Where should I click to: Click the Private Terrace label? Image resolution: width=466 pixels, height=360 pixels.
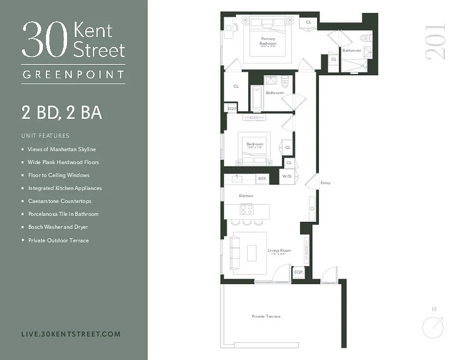266,316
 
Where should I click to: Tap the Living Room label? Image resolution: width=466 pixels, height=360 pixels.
279,251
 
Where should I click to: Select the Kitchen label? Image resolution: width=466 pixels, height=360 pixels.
246,196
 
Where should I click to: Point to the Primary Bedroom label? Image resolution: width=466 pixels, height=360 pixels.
268,41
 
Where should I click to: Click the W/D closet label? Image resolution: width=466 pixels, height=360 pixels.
287,176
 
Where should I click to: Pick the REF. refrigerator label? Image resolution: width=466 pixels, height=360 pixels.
262,179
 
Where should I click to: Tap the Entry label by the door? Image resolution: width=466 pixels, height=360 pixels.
326,183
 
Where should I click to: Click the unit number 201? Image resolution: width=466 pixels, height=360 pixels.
435,41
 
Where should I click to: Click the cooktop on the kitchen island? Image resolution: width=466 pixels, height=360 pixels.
246,209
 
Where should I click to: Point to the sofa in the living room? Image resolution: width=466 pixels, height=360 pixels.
235,252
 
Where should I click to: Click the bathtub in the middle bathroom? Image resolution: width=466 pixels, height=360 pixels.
257,98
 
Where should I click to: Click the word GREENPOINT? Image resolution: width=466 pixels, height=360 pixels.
73,74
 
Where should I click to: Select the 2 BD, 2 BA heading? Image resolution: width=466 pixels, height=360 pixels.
62,112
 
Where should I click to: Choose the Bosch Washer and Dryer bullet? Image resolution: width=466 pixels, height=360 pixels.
58,227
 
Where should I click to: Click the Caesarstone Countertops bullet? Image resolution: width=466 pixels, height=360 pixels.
62,201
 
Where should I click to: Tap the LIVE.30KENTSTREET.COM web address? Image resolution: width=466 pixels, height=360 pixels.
71,334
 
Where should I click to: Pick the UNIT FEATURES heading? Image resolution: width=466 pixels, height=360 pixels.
45,135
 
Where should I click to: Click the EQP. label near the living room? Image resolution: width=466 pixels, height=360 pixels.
298,272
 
